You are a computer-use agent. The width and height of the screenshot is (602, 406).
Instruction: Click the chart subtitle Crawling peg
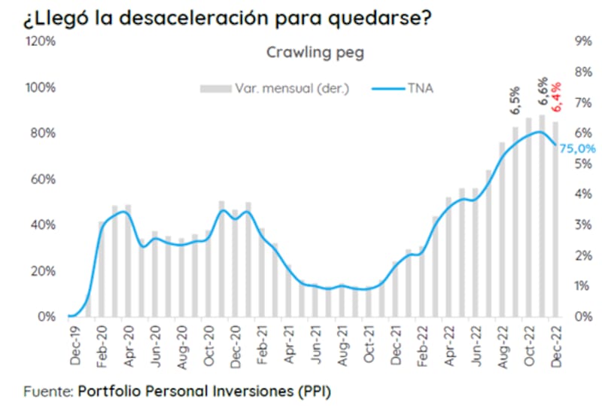[315, 52]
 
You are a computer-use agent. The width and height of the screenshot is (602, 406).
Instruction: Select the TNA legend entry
[418, 88]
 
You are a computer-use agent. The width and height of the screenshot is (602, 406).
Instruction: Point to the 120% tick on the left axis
[41, 41]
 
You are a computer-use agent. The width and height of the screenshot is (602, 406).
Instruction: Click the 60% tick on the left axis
[44, 179]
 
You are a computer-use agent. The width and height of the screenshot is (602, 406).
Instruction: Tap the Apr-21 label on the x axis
[287, 348]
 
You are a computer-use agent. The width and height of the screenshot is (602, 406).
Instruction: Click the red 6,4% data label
[556, 96]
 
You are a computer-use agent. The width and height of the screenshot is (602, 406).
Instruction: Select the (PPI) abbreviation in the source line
[314, 392]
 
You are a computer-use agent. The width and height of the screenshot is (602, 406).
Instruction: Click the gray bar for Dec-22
[556, 218]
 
